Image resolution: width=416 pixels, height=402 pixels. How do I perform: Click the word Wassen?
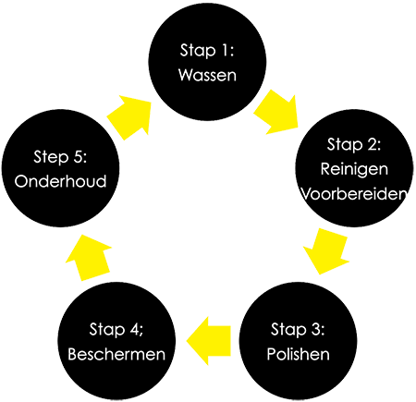pyautogui.click(x=207, y=75)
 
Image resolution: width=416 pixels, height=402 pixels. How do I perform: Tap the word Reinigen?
pyautogui.click(x=354, y=170)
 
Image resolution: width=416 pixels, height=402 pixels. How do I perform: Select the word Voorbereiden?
pyautogui.click(x=354, y=194)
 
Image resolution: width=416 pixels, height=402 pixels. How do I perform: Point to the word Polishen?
pyautogui.click(x=298, y=354)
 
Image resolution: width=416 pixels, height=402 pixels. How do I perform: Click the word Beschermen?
pyautogui.click(x=116, y=354)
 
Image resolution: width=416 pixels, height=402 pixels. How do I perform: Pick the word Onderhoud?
pyautogui.click(x=60, y=181)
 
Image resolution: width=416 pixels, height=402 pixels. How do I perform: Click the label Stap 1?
pyautogui.click(x=207, y=50)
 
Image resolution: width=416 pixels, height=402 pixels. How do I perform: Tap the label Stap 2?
pyautogui.click(x=354, y=144)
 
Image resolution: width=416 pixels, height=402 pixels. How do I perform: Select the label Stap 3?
pyautogui.click(x=298, y=329)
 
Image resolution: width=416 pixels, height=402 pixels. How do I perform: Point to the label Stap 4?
pyautogui.click(x=116, y=329)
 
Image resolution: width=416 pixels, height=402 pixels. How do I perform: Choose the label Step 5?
pyautogui.click(x=60, y=156)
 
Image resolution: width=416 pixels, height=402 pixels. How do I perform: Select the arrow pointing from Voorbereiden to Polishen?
pyautogui.click(x=327, y=251)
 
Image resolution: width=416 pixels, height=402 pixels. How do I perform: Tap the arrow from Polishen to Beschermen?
pyautogui.click(x=209, y=341)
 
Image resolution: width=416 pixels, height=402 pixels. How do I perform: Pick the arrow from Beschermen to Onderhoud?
pyautogui.click(x=89, y=258)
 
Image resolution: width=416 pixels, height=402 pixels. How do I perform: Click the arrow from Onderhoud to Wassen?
pyautogui.click(x=129, y=117)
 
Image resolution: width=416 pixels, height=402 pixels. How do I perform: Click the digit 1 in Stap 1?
pyautogui.click(x=226, y=50)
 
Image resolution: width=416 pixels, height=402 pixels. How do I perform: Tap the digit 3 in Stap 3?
pyautogui.click(x=315, y=329)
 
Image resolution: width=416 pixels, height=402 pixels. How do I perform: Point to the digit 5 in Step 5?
pyautogui.click(x=78, y=156)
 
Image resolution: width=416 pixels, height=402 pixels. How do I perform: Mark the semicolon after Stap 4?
pyautogui.click(x=141, y=332)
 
